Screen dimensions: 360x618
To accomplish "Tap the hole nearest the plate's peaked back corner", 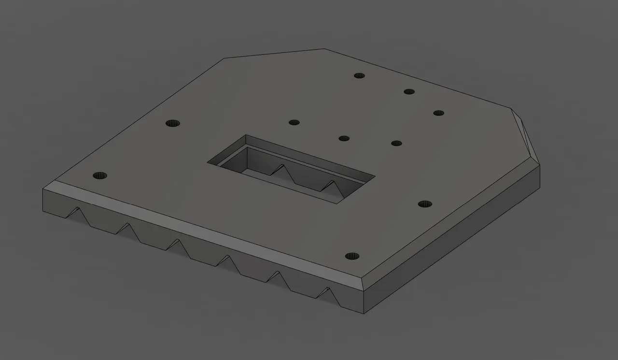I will point(359,76).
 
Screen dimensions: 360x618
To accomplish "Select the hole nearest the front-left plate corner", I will point(100,175).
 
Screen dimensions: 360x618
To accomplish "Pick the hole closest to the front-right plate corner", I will point(353,256).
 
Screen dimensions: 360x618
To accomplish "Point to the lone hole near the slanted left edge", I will point(172,123).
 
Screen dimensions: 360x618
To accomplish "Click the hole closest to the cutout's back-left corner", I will point(294,122).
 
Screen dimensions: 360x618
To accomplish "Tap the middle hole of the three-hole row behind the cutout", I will point(344,138).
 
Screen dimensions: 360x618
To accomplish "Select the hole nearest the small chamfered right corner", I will point(438,113).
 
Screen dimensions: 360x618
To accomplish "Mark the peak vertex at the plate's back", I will point(324,49).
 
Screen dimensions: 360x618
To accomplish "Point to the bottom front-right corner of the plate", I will point(363,313).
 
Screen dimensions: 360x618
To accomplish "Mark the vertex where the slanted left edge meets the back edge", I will point(224,59).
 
